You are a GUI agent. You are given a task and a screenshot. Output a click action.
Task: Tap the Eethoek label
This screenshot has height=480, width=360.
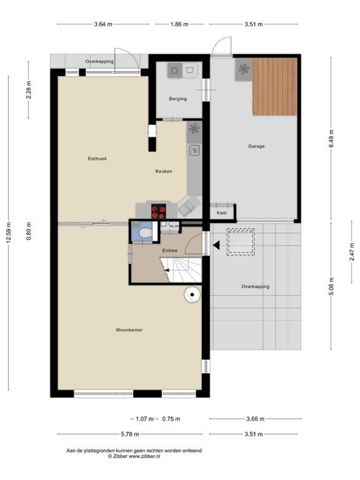pos(97,159)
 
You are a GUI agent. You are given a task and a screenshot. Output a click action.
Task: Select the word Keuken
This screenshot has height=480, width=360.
pos(164,171)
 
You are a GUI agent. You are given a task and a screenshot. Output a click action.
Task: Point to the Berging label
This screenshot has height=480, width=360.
pos(178,99)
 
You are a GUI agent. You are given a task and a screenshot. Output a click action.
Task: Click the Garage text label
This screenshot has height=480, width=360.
pos(256,146)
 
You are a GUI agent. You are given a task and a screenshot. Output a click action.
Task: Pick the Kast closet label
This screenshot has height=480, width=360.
pos(221,213)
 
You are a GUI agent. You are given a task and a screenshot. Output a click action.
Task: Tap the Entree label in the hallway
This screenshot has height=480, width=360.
pos(170,251)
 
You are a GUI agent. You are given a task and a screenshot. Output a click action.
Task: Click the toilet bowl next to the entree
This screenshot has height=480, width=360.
pos(144,234)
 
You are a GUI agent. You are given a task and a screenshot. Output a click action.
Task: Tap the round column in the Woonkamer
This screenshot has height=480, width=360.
pos(192,294)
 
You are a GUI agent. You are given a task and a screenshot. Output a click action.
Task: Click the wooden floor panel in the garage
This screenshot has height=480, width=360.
pos(274,86)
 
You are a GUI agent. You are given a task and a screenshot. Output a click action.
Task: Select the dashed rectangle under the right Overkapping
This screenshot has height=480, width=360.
pos(241,241)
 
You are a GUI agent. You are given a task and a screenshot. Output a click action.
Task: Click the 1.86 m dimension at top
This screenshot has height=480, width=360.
pos(179,24)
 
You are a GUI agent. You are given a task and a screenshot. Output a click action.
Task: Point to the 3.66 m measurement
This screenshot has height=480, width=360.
pos(255,419)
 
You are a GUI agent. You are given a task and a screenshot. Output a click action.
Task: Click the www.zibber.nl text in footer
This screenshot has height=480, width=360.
pos(144,457)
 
